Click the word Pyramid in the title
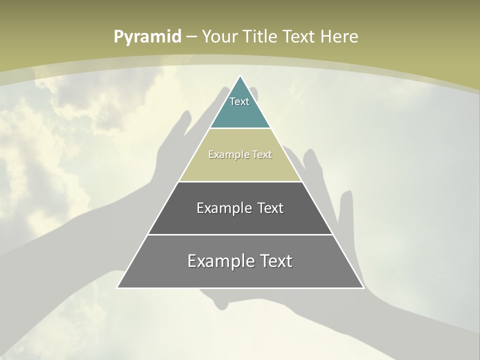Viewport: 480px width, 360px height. tap(147, 36)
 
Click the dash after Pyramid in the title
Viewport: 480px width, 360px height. tap(191, 37)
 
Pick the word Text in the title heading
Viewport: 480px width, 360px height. tap(299, 36)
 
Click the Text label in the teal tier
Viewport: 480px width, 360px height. tap(239, 101)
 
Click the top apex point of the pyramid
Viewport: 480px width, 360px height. tap(240, 76)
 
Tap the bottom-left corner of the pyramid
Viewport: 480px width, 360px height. tap(117, 287)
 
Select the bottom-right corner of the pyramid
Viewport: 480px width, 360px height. tap(363, 287)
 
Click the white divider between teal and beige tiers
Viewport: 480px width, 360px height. tap(240, 128)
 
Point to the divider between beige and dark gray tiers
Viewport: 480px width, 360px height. tap(240, 181)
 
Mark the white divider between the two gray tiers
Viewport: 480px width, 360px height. tap(240, 234)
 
